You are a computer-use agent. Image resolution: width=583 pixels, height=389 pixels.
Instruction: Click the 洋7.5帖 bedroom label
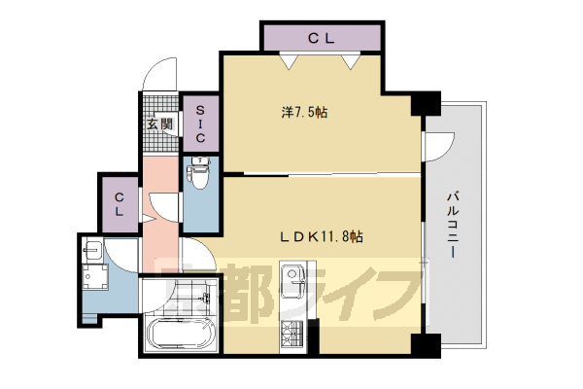coord(304,112)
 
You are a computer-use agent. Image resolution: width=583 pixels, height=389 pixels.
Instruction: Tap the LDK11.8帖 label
coord(321,236)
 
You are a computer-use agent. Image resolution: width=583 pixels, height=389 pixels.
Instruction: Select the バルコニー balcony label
coord(453,225)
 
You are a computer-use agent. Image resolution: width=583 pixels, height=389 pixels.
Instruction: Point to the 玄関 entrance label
coord(160,124)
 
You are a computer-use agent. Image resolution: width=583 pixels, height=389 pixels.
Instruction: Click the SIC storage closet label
coord(200,124)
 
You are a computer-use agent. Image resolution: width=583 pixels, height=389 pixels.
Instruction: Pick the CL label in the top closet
coord(322,38)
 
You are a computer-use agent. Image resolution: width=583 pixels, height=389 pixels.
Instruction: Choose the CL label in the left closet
coord(119,204)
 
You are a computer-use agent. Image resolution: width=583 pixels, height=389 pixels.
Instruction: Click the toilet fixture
coord(199,172)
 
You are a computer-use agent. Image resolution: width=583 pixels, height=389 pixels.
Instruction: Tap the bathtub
coord(181,334)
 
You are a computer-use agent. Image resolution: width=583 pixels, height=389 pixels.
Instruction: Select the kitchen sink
coord(293,281)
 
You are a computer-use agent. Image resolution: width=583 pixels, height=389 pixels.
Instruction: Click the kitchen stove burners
coord(291,334)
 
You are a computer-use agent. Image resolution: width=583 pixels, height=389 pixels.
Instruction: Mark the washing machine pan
coord(95,276)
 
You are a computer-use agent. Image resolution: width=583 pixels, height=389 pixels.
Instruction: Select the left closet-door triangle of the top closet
coord(289,62)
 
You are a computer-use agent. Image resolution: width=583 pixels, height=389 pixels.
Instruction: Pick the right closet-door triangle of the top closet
coord(351,62)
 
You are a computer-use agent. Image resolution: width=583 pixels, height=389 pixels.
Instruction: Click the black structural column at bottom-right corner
coord(427,346)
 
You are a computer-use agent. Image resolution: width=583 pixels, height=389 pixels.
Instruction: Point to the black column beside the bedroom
coord(427,103)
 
